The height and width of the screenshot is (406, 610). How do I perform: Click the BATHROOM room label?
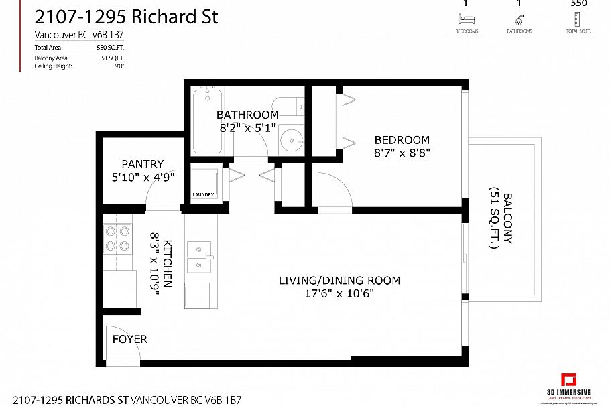[247, 115]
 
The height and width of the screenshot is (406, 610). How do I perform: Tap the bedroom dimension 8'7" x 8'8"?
[402, 153]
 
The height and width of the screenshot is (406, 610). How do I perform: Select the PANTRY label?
[142, 164]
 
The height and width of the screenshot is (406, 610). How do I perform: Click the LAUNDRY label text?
[204, 195]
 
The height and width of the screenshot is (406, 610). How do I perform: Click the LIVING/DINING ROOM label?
[339, 280]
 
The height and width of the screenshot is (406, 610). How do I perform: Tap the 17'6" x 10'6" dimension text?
[339, 293]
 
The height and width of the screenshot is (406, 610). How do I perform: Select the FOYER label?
[129, 339]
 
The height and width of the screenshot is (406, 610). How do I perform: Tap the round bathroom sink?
[291, 140]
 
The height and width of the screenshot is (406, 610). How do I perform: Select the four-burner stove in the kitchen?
[117, 239]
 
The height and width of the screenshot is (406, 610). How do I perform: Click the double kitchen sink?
[198, 257]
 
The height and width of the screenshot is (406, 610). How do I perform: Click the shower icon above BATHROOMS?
[519, 20]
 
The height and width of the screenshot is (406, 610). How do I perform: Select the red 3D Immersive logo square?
[569, 380]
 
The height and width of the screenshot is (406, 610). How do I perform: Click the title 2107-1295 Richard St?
[126, 17]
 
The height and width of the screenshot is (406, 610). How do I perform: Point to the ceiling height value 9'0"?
[119, 66]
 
